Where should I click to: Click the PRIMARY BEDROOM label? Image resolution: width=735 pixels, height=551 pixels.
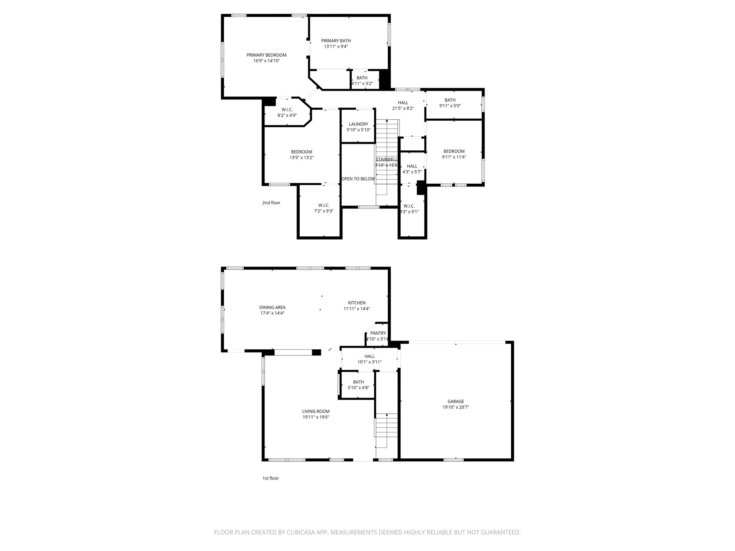tap(266, 55)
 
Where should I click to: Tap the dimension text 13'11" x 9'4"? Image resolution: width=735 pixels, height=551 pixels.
tap(336, 46)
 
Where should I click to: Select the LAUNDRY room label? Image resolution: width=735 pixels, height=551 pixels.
tap(358, 124)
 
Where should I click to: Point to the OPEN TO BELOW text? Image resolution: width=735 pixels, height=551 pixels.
tap(358, 179)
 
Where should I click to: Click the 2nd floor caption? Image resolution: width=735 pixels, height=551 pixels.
tap(271, 203)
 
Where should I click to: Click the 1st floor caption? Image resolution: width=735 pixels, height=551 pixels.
tap(270, 478)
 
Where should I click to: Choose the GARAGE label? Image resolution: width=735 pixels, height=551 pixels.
tap(455, 401)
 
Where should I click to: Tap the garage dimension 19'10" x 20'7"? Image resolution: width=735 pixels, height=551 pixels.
tap(455, 407)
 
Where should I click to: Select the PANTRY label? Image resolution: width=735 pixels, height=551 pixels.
tap(378, 333)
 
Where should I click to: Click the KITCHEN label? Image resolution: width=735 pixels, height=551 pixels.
tap(356, 303)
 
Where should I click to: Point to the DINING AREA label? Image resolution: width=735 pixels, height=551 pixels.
tap(272, 307)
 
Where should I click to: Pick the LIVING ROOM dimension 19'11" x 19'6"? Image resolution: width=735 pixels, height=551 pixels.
tap(315, 417)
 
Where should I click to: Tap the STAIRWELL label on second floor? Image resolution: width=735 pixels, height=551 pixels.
tap(387, 159)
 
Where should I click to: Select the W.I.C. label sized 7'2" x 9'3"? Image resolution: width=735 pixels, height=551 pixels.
tap(323, 205)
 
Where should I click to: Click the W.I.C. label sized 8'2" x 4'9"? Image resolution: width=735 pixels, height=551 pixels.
tap(287, 109)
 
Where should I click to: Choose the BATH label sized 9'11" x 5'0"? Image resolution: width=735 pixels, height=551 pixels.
tap(450, 100)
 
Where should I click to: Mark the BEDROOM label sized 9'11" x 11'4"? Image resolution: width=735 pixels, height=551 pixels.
tap(454, 151)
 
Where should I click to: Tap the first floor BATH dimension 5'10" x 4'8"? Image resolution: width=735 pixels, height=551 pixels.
tap(358, 388)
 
